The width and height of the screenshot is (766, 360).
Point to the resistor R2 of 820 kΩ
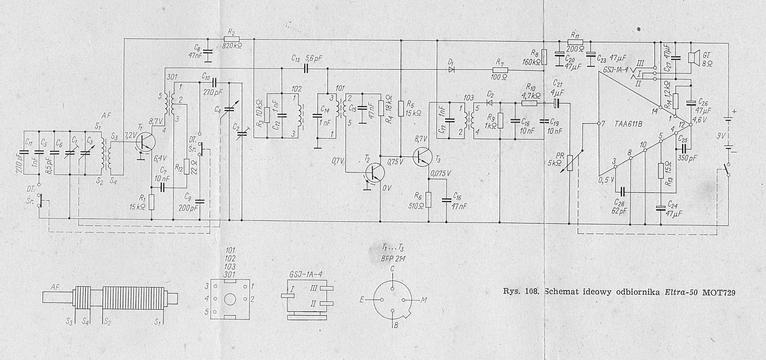231,39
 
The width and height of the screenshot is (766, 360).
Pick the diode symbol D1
452,70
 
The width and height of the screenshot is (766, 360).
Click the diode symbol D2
490,103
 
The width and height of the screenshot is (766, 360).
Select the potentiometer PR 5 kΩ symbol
569,163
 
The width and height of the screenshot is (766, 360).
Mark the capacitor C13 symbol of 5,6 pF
306,69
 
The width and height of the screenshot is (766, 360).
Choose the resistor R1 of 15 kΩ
151,202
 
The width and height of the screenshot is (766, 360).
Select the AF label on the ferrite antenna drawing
55,287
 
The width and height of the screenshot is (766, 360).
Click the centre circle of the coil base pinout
230,299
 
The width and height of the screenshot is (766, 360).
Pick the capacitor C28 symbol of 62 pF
622,192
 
